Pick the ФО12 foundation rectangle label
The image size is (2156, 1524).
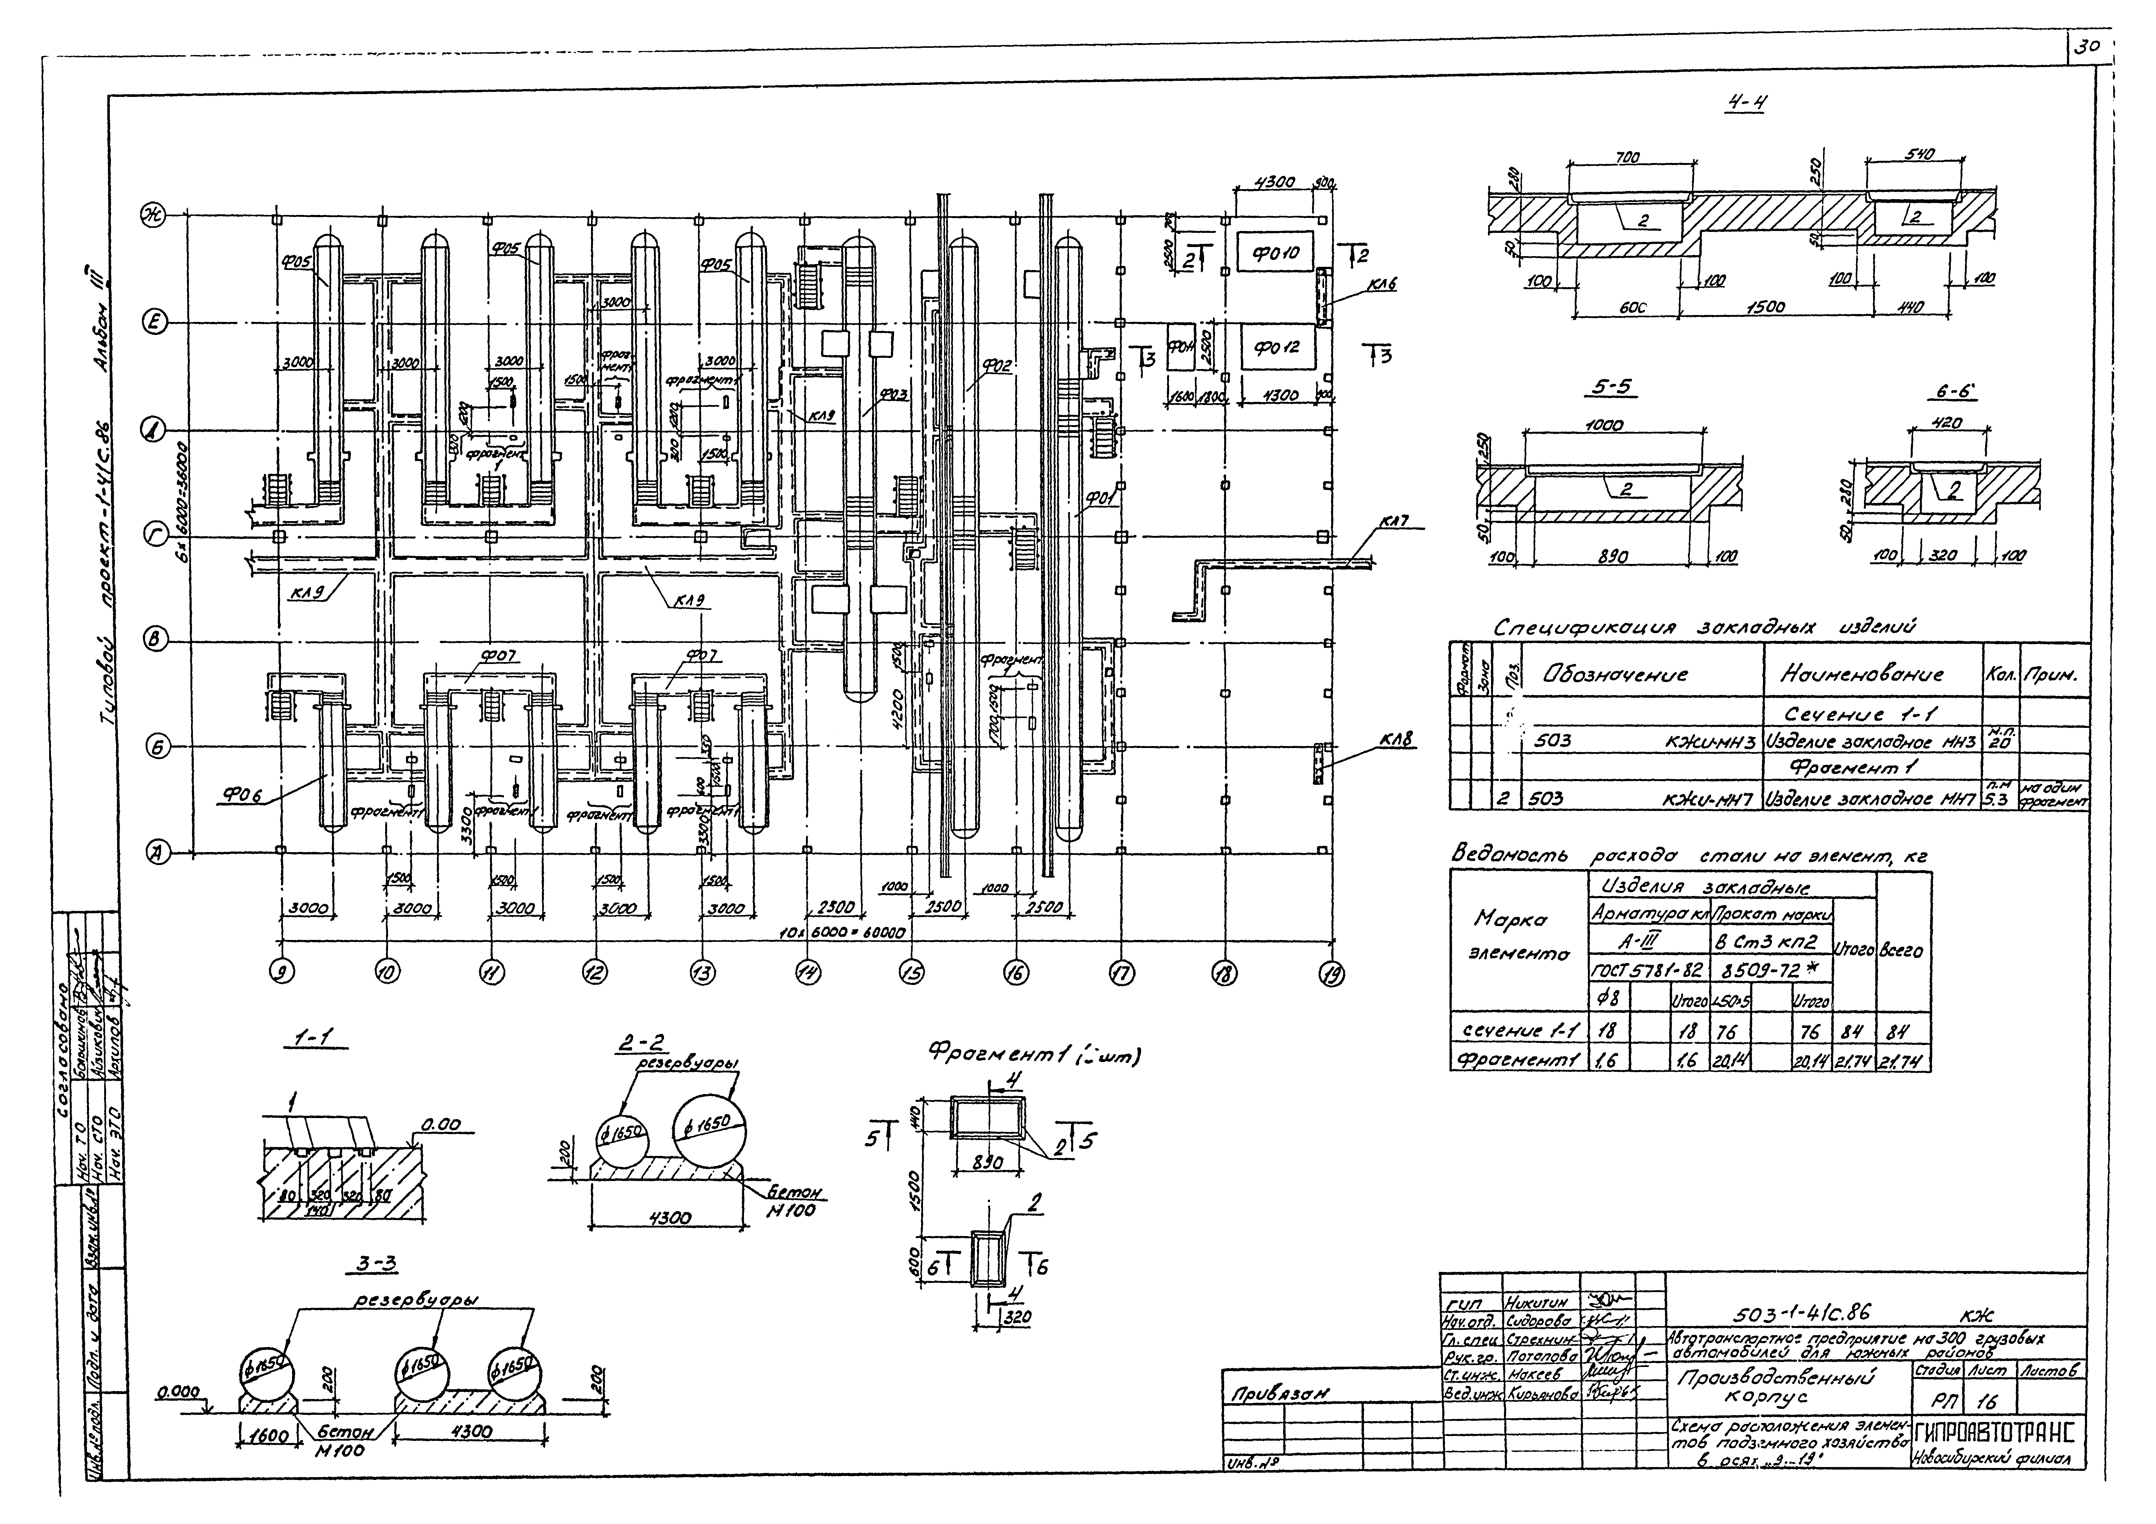point(1276,346)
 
